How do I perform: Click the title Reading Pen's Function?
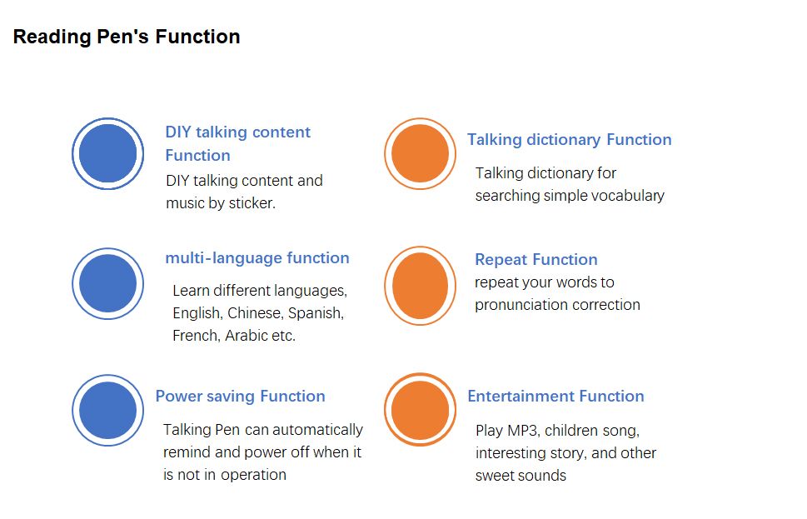click(x=127, y=37)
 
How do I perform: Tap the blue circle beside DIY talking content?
click(x=107, y=153)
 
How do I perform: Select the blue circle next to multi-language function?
click(x=107, y=284)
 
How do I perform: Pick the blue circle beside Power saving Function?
click(x=107, y=411)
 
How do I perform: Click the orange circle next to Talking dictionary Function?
click(x=420, y=153)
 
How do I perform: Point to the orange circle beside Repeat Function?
click(x=420, y=286)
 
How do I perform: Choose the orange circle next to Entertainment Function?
click(x=420, y=410)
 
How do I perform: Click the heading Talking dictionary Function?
click(x=569, y=139)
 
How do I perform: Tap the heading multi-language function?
click(x=257, y=257)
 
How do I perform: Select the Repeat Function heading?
click(x=536, y=260)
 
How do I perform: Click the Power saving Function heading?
click(x=241, y=396)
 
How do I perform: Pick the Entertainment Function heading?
click(x=555, y=396)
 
